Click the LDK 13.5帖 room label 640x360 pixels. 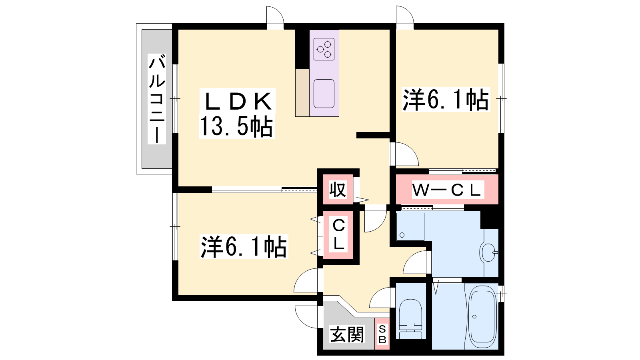237,114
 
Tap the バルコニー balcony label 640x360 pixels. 157,99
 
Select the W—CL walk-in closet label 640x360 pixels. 448,190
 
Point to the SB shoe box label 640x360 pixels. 382,334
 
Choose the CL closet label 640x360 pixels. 338,234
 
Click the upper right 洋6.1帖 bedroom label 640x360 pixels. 446,100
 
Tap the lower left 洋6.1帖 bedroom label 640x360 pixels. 244,247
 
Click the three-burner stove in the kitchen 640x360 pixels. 324,49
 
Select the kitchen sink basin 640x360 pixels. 324,94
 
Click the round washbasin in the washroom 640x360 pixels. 489,252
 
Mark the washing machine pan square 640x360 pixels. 410,227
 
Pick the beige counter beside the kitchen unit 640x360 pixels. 302,92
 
